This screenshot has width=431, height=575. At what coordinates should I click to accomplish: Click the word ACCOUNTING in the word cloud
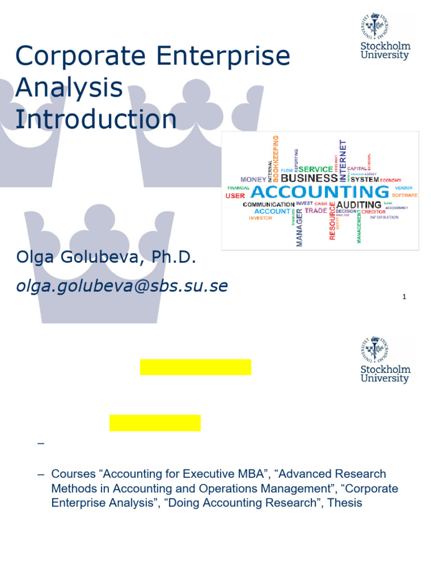(319, 192)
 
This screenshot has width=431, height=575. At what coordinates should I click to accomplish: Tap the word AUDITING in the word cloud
(359, 205)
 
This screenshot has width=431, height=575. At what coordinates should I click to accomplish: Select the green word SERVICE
(315, 169)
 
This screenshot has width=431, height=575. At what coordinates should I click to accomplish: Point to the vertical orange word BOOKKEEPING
(275, 157)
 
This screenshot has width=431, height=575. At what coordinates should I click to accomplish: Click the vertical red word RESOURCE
(332, 222)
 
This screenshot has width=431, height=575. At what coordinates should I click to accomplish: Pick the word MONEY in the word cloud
(253, 180)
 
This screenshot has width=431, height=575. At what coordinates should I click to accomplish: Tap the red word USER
(235, 196)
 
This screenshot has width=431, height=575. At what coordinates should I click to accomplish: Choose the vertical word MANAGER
(299, 226)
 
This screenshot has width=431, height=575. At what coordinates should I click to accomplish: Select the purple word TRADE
(315, 211)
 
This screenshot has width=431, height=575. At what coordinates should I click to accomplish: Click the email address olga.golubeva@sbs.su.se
(122, 286)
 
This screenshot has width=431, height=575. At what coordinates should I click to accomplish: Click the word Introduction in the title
(96, 119)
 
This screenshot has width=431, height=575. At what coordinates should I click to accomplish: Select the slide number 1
(404, 297)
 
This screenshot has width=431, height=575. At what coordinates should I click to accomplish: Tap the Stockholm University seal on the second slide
(375, 350)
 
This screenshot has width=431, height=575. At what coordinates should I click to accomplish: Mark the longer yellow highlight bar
(195, 367)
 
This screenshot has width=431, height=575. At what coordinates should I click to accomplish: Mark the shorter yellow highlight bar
(155, 423)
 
